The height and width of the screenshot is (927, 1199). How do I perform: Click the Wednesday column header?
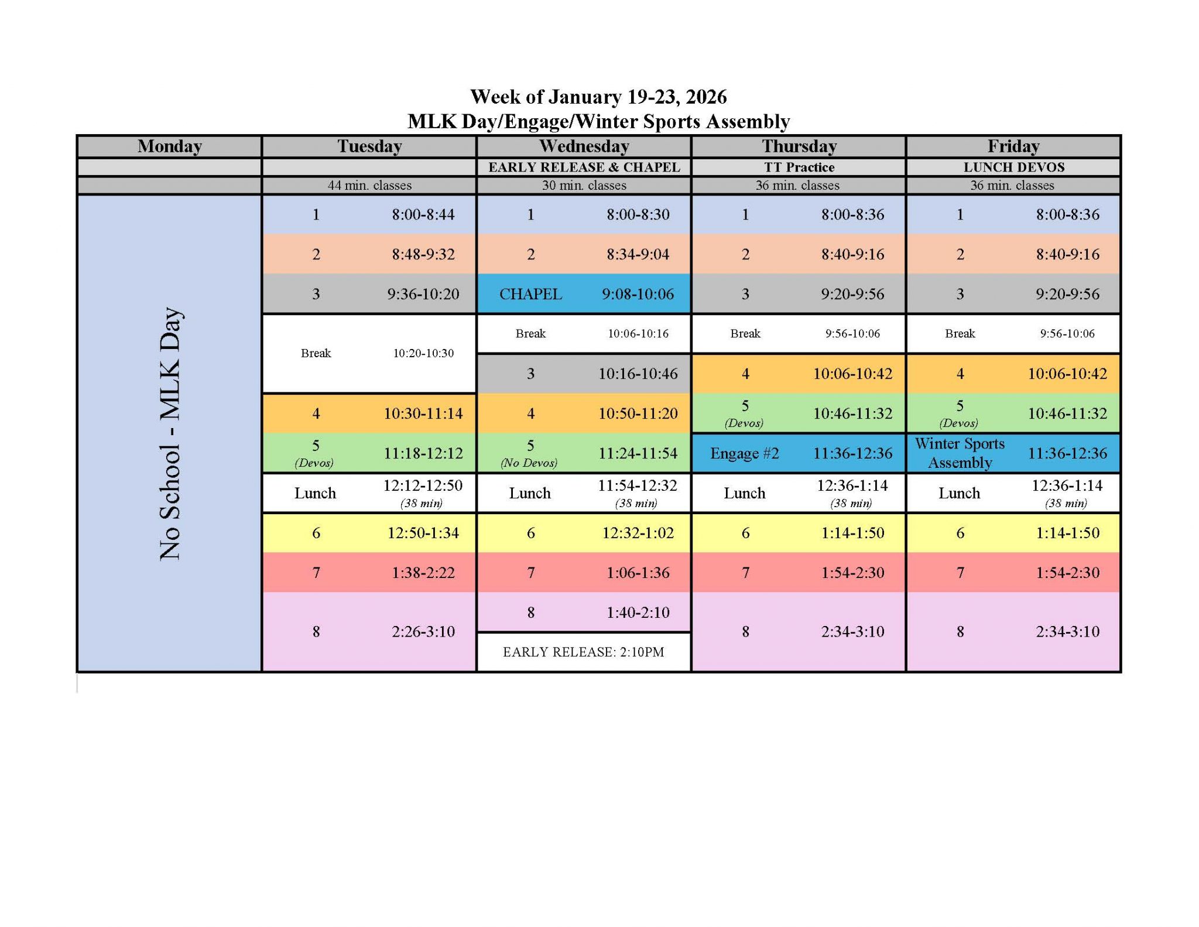point(584,146)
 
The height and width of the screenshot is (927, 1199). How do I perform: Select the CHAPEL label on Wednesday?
point(530,294)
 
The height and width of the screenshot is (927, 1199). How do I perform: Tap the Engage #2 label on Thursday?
point(745,453)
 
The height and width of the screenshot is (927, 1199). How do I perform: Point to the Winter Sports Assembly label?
point(960,453)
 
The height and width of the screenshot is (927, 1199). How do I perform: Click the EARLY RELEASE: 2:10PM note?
point(584,652)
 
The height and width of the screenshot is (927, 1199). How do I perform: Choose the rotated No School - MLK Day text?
point(170,433)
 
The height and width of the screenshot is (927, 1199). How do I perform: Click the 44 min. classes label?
point(369,185)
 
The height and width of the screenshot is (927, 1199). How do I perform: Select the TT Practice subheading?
point(799,167)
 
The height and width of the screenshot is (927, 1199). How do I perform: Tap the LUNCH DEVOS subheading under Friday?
point(1014,167)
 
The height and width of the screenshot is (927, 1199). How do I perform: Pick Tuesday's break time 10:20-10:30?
point(423,353)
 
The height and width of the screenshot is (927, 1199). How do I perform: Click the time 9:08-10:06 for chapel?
point(638,294)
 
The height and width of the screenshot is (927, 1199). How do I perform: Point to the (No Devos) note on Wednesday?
point(529,463)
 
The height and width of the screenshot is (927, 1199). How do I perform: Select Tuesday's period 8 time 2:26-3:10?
point(423,631)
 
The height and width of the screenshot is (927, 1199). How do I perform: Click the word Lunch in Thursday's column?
point(745,493)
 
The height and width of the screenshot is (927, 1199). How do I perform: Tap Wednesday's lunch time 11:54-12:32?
point(638,485)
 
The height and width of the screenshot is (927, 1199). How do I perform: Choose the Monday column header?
point(170,146)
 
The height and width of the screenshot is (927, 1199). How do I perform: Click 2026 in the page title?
point(707,97)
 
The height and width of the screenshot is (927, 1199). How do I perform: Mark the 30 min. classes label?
point(584,185)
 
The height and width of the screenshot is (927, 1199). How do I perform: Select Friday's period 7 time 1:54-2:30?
point(1068,572)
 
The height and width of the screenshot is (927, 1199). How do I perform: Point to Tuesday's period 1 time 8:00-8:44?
point(423,214)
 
